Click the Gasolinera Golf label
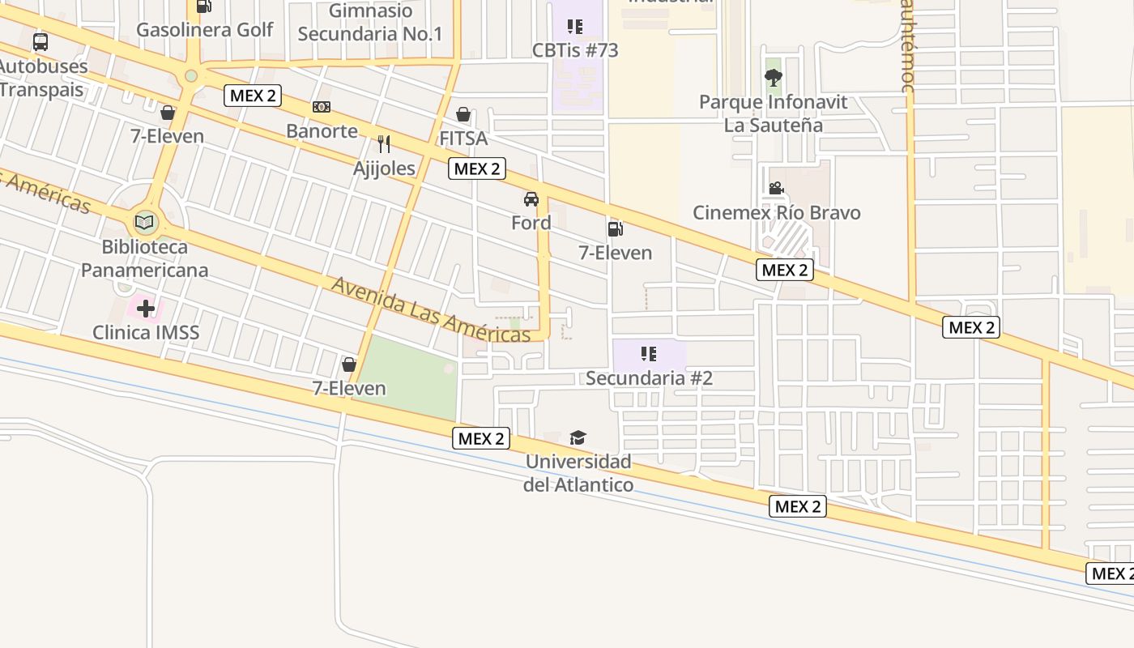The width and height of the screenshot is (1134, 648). (x=204, y=30)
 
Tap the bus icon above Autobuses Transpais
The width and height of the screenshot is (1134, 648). (x=40, y=42)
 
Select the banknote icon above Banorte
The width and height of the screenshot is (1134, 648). (x=322, y=107)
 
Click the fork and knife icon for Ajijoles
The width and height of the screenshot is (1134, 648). (x=384, y=144)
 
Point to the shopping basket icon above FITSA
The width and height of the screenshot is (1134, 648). (x=463, y=114)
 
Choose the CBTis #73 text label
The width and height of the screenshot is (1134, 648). (x=575, y=50)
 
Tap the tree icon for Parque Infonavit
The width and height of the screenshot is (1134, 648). (x=774, y=78)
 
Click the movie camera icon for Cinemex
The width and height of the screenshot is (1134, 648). (x=776, y=189)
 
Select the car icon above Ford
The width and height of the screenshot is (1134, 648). (x=531, y=199)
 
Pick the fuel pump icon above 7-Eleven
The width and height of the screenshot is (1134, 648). (x=615, y=229)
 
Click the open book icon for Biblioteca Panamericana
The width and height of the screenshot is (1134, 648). (x=145, y=222)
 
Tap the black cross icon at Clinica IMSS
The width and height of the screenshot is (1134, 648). (x=146, y=309)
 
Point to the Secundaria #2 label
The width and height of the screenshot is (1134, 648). (x=649, y=378)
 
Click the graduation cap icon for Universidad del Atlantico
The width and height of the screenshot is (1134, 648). (x=578, y=438)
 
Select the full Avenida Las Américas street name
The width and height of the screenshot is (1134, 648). (x=431, y=310)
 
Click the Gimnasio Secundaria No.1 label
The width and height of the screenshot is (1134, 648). (x=370, y=23)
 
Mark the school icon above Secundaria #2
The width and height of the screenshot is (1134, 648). (x=648, y=354)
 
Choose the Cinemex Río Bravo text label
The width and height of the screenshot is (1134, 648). (x=776, y=213)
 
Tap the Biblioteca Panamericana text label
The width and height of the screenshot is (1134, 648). (x=145, y=258)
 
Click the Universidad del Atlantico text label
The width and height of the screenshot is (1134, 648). (x=578, y=473)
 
